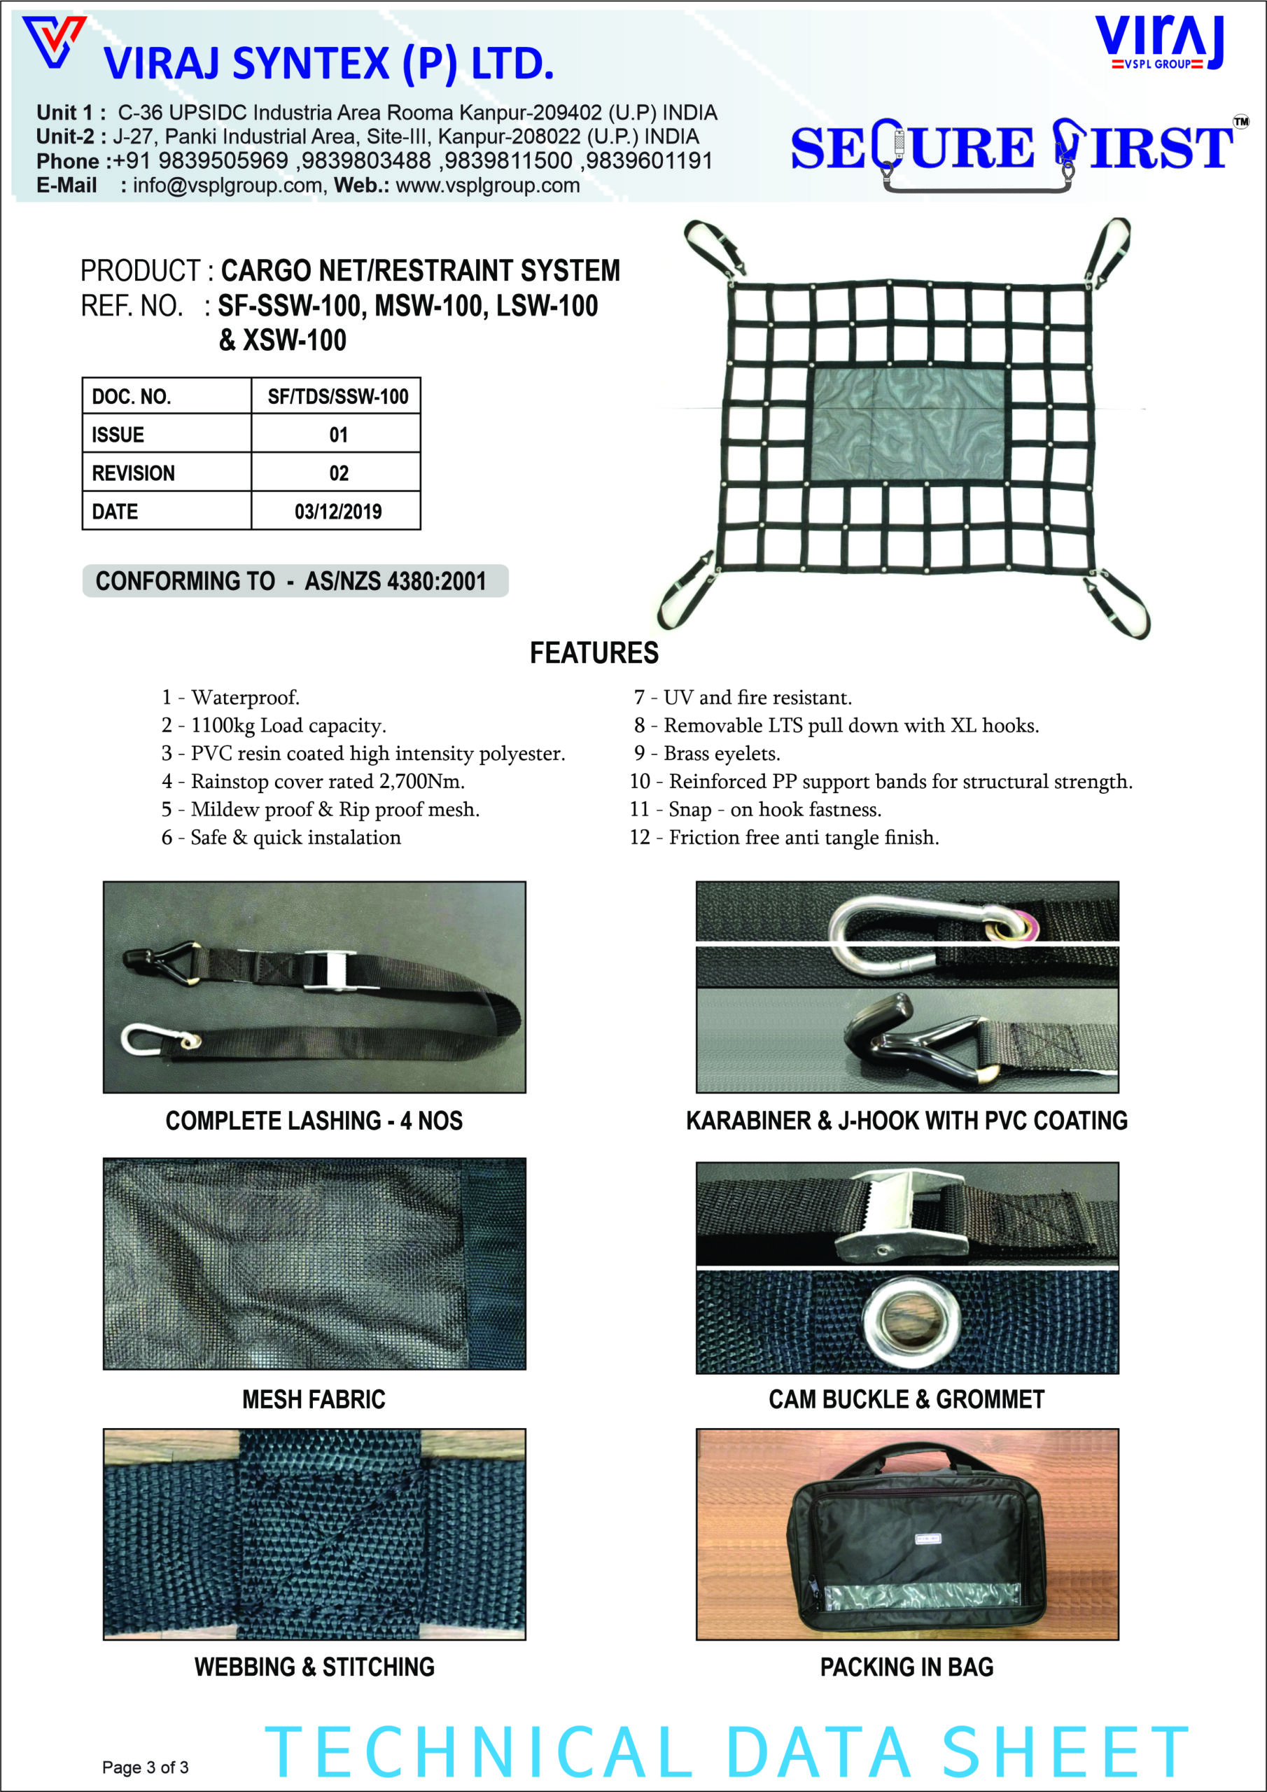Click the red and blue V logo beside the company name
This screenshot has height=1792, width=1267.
pos(53,41)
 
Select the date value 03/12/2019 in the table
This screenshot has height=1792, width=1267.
pos(337,511)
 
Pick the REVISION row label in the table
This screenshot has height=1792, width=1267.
pos(134,473)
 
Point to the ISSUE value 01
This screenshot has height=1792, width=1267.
pos(337,435)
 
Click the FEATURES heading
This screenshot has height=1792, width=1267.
pos(594,653)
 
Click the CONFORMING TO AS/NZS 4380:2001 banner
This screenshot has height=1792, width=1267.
pos(295,582)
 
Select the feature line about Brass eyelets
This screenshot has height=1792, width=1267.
pos(706,753)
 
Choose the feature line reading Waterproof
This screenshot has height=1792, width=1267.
pos(231,697)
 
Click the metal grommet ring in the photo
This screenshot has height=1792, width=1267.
pos(906,1319)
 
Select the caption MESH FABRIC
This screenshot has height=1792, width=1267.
pos(314,1399)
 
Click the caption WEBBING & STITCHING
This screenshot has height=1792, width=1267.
pos(314,1667)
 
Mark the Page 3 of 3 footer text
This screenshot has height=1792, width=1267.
pos(145,1767)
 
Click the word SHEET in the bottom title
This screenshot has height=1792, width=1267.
pos(1065,1753)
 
